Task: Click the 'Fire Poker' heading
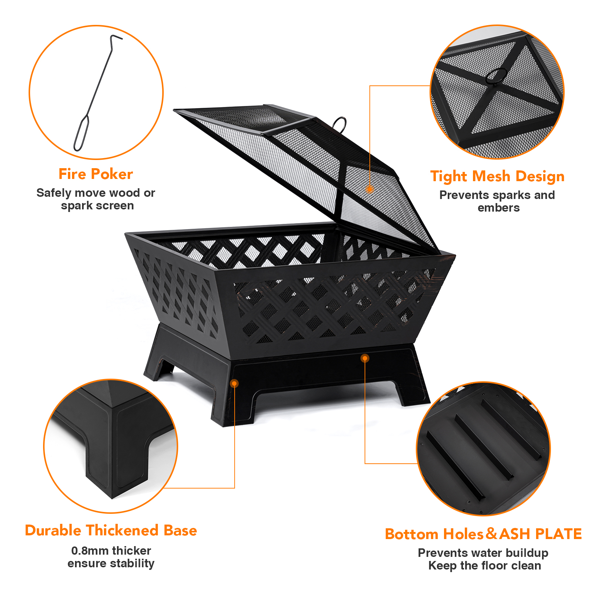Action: click(x=96, y=174)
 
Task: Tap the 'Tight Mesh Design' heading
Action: click(x=497, y=177)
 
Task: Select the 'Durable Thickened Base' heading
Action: click(x=111, y=530)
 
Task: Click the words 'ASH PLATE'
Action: click(x=541, y=534)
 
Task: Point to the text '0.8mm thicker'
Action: click(x=111, y=551)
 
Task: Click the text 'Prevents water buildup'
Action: click(x=483, y=553)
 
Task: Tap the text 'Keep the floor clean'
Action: click(x=484, y=566)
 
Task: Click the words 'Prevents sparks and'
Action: click(x=497, y=195)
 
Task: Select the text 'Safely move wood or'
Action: click(x=96, y=193)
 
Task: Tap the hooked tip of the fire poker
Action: click(x=116, y=37)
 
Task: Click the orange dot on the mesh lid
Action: click(x=369, y=189)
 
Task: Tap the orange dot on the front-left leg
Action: click(x=234, y=384)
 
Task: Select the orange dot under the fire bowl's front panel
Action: click(x=365, y=358)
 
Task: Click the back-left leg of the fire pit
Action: click(x=156, y=356)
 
